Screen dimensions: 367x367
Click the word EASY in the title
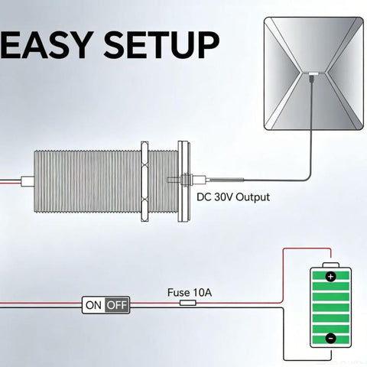pyautogui.click(x=46, y=46)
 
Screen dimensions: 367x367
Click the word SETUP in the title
pyautogui.click(x=161, y=46)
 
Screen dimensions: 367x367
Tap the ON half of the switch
pyautogui.click(x=93, y=305)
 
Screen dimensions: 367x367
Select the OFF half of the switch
pyautogui.click(x=117, y=305)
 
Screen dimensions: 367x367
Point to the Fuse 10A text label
pyautogui.click(x=190, y=293)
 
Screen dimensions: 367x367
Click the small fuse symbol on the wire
pyautogui.click(x=188, y=303)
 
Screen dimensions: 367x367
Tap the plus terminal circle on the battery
pyautogui.click(x=330, y=277)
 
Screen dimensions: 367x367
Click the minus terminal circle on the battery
pyautogui.click(x=330, y=338)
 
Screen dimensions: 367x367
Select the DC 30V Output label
pyautogui.click(x=233, y=197)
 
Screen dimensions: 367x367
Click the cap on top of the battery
pyautogui.click(x=331, y=265)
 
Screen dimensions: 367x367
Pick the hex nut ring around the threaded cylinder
pyautogui.click(x=145, y=181)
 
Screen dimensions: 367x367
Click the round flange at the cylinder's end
pyautogui.click(x=183, y=181)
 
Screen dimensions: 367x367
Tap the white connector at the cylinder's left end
pyautogui.click(x=28, y=181)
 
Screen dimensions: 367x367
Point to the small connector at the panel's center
pyautogui.click(x=313, y=74)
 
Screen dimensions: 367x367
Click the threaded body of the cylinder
pyautogui.click(x=87, y=181)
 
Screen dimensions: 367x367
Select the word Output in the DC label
pyautogui.click(x=252, y=197)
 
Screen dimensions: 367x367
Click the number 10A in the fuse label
pyautogui.click(x=203, y=293)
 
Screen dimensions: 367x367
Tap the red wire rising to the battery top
pyautogui.click(x=284, y=275)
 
